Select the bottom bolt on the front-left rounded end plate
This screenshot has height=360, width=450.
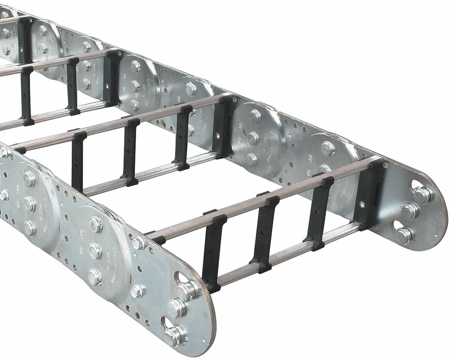pyautogui.click(x=172, y=336)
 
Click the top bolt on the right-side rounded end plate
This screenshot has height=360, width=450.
pyautogui.click(x=422, y=195)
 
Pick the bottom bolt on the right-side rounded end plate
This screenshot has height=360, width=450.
pyautogui.click(x=403, y=236)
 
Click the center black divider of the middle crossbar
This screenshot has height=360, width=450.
pyautogui.click(x=130, y=152)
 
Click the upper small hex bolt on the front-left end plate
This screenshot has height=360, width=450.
pyautogui.click(x=138, y=243)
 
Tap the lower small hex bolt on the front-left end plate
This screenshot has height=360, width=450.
pyautogui.click(x=137, y=292)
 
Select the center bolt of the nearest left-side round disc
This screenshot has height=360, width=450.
pyautogui.click(x=94, y=251)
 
